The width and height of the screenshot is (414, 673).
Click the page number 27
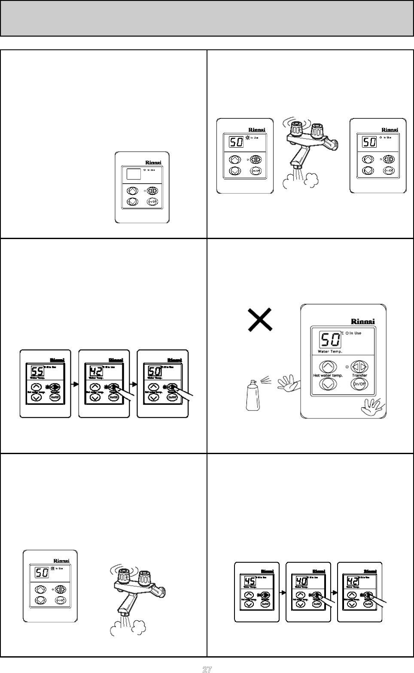207,669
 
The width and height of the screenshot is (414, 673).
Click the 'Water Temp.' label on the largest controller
330,352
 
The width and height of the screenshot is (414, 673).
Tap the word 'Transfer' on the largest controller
359,375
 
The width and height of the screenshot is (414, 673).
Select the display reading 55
37,370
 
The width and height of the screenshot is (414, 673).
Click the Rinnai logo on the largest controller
363,321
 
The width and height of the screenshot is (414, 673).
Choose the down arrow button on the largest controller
328,384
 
